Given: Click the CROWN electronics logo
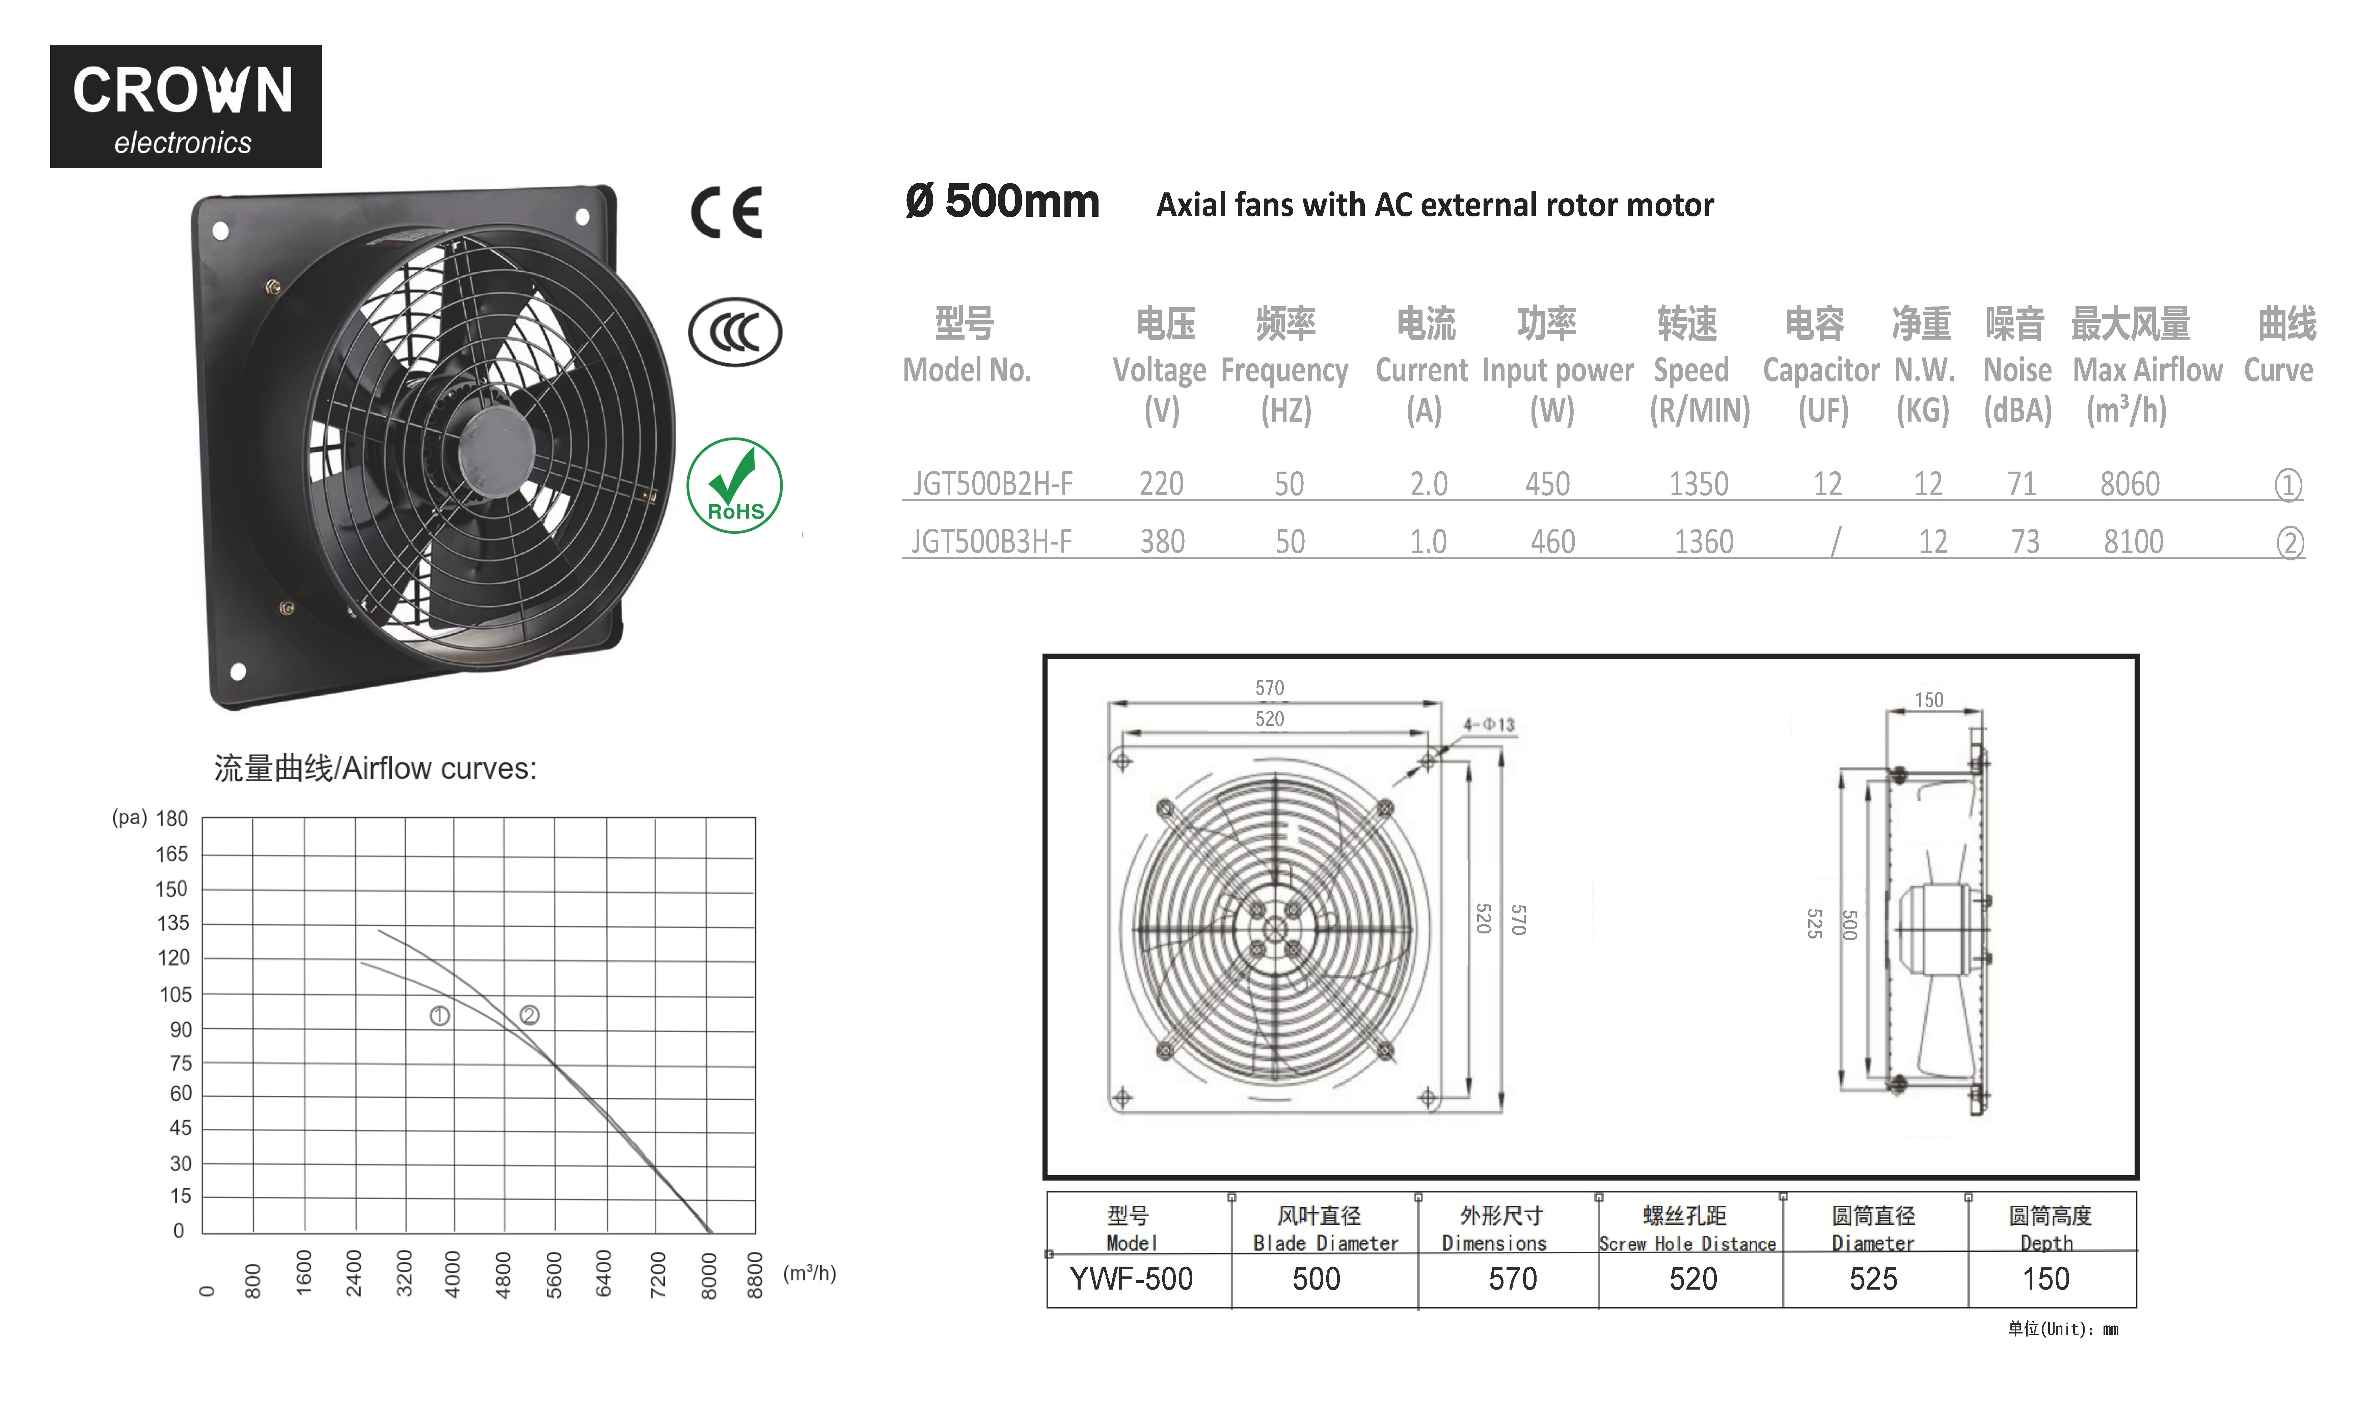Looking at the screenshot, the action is [x=186, y=106].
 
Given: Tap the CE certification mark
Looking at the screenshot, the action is [x=726, y=212].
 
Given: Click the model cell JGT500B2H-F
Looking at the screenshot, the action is [x=993, y=484].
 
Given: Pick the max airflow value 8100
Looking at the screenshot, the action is [x=2133, y=542].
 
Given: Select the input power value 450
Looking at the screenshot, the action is [x=1547, y=484].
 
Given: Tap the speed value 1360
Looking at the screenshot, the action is [x=1703, y=542].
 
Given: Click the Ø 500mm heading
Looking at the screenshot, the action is [x=1002, y=202].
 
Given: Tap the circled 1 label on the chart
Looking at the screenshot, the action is [x=440, y=1015].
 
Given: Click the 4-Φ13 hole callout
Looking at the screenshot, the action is [x=1489, y=724].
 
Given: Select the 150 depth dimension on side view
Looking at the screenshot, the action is [x=1929, y=699].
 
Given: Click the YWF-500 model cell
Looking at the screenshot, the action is [x=1131, y=1279].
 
